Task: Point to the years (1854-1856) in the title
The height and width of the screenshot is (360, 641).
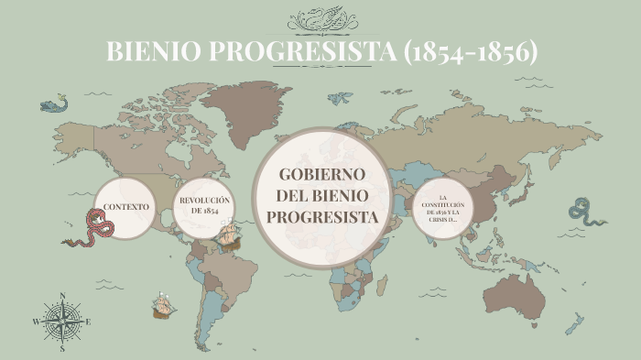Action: point(470,52)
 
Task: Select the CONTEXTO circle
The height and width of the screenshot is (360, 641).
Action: point(125,207)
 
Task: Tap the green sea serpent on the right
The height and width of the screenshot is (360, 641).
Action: point(585,212)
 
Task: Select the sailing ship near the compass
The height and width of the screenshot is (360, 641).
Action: point(163,304)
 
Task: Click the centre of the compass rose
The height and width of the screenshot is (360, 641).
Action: point(62,321)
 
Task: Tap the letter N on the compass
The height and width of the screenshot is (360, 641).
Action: point(62,295)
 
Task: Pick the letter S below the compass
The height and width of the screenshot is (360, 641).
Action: point(62,349)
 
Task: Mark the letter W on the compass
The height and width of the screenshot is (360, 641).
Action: point(36,322)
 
